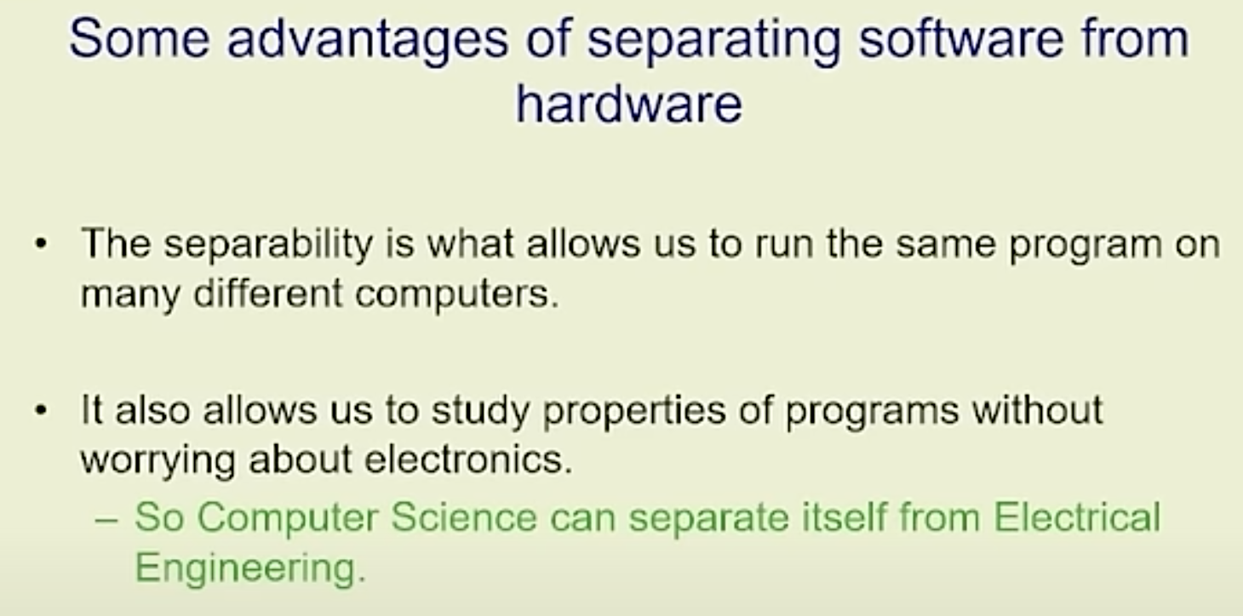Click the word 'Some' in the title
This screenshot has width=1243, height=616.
pyautogui.click(x=139, y=39)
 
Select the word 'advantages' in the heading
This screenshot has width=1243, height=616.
pyautogui.click(x=367, y=42)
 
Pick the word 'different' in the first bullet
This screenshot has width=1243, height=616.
pyautogui.click(x=267, y=293)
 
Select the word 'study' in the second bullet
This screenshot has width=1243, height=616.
pyautogui.click(x=480, y=412)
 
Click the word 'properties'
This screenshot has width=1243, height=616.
pyautogui.click(x=634, y=412)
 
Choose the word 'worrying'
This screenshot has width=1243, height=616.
pyautogui.click(x=158, y=461)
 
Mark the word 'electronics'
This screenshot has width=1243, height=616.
pyautogui.click(x=467, y=459)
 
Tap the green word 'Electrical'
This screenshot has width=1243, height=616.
pyautogui.click(x=1076, y=516)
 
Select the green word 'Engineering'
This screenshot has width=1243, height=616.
pyautogui.click(x=250, y=569)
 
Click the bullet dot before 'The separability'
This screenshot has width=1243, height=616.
pyautogui.click(x=41, y=244)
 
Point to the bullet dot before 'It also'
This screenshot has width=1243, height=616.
pyautogui.click(x=41, y=411)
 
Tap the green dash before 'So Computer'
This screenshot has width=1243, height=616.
pyautogui.click(x=106, y=521)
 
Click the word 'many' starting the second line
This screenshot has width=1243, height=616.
pyautogui.click(x=130, y=296)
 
